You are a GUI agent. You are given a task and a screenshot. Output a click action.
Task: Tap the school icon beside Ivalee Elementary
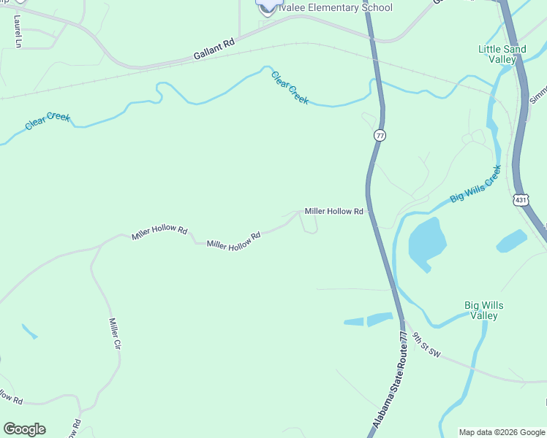coord(265,5)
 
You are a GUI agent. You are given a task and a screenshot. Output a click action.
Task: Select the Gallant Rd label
coord(214,49)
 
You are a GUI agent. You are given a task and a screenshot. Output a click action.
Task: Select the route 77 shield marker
coord(379,136)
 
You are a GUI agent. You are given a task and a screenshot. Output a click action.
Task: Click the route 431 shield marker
coord(520,199)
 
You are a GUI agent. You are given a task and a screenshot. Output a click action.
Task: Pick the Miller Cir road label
coord(114,333)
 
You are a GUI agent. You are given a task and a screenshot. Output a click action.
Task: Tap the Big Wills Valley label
coord(483,310)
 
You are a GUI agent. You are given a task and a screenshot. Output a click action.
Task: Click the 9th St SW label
coord(426,345)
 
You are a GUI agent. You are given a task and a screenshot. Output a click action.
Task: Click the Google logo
coord(24,429)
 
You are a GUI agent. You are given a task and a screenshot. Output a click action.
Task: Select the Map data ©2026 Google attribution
coord(501,432)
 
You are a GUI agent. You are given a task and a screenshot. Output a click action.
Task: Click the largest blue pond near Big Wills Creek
coord(427,243)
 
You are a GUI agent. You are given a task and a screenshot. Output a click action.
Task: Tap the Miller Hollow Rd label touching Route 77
coord(333,212)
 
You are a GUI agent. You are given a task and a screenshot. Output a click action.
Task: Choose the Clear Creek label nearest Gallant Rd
coord(290,88)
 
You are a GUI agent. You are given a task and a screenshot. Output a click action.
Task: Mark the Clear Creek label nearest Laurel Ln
coord(47,120)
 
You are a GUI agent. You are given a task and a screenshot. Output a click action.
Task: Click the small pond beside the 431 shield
coord(511,241)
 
